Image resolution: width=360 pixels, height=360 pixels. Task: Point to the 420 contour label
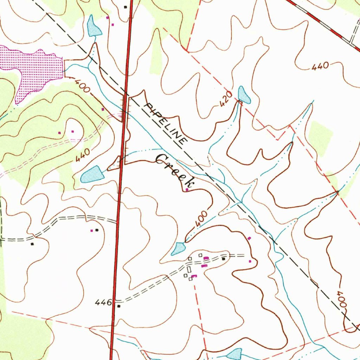226,99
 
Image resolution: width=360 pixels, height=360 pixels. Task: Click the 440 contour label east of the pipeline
320,66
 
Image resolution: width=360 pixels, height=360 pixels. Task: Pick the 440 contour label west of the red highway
83,155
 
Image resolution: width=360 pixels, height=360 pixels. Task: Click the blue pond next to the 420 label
244,95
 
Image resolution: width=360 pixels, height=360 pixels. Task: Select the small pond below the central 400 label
178,249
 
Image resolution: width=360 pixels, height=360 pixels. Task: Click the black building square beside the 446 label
118,306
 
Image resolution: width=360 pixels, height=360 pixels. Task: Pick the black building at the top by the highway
125,7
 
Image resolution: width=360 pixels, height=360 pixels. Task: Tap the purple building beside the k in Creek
187,190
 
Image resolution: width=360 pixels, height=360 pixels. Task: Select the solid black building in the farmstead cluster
223,259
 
